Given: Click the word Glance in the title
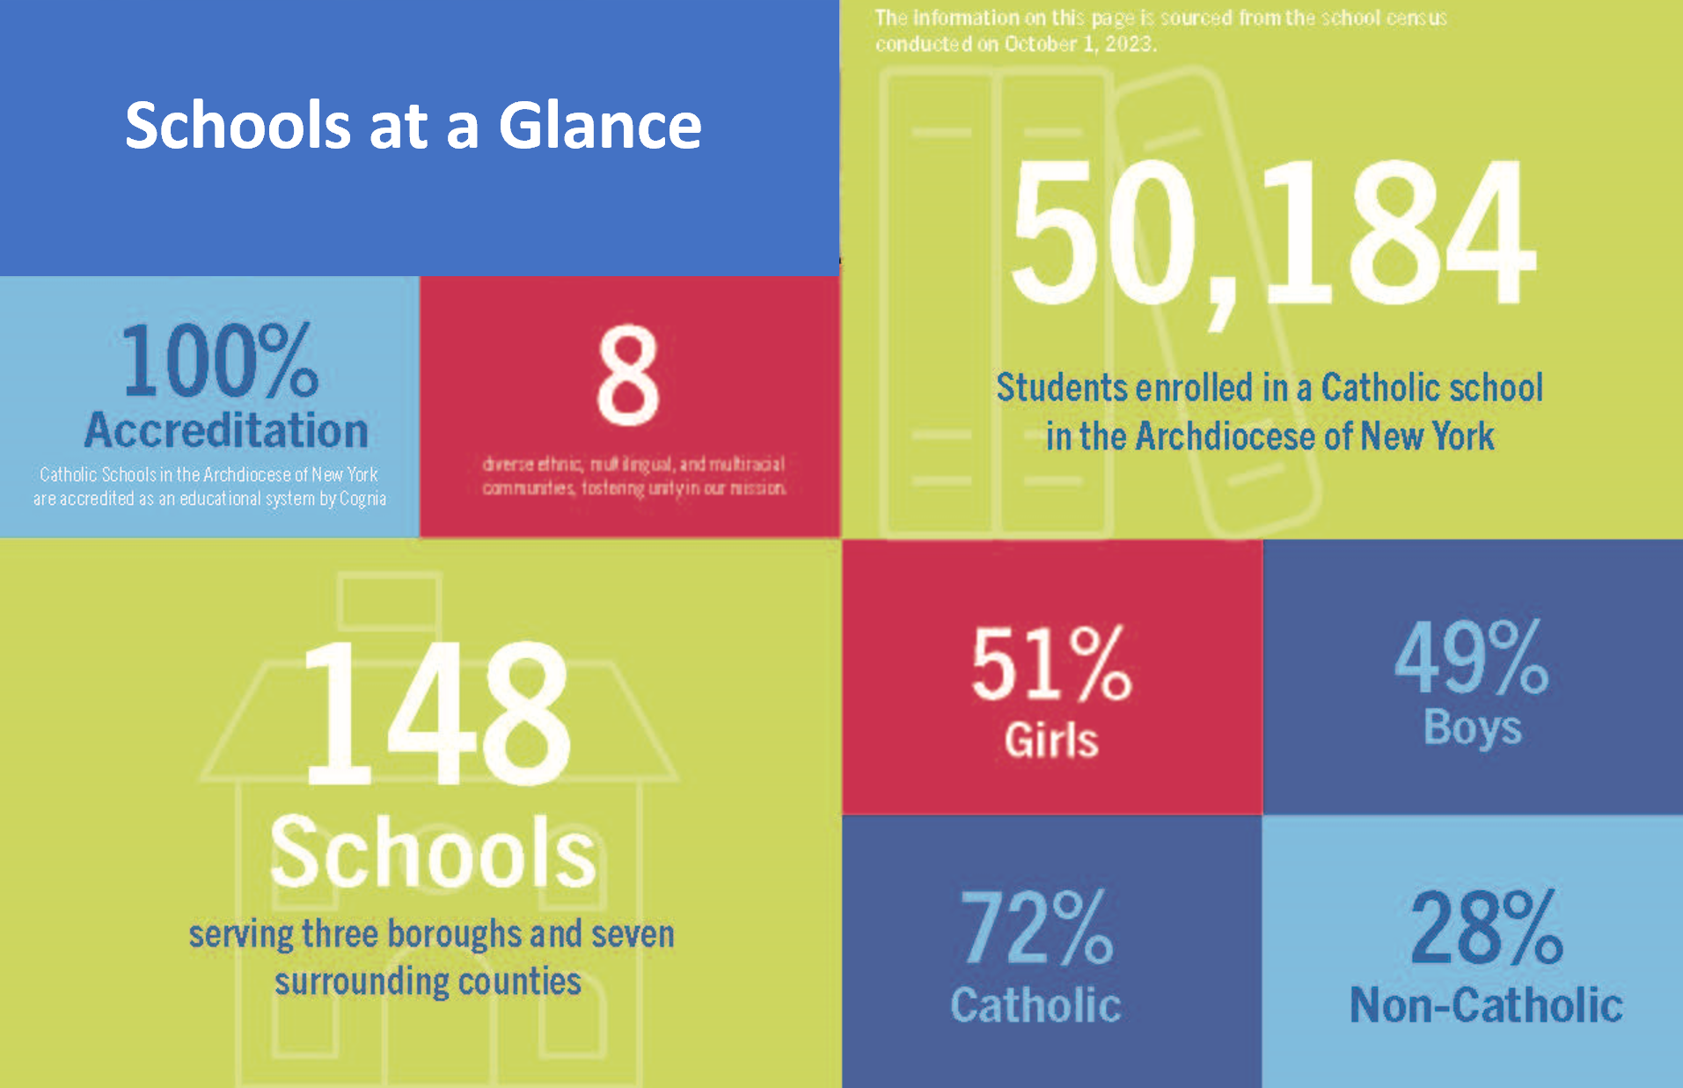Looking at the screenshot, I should click(x=600, y=125).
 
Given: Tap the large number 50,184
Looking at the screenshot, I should click(x=1272, y=233).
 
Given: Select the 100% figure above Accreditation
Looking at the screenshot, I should click(x=220, y=361).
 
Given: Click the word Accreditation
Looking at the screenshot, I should click(x=226, y=430).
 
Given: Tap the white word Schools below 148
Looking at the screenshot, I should click(x=433, y=851).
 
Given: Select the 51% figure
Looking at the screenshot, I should click(x=1050, y=664).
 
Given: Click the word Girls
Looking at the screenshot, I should click(x=1051, y=740).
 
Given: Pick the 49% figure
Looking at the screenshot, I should click(x=1471, y=658).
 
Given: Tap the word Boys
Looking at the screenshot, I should click(x=1473, y=728).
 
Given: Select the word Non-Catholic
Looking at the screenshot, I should click(x=1486, y=1004).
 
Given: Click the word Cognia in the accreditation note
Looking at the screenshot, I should click(x=362, y=499).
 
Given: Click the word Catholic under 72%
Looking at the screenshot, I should click(x=1035, y=1004).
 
